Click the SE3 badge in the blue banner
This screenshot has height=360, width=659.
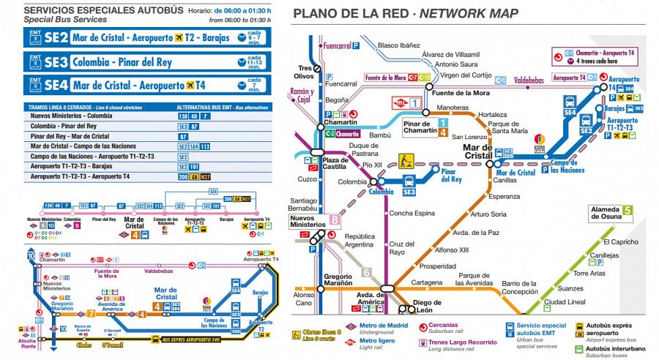click(56, 61)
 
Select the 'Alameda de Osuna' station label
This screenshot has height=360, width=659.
click(606, 213)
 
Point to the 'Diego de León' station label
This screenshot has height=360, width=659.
click(428, 307)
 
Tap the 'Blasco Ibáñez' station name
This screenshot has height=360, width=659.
click(399, 45)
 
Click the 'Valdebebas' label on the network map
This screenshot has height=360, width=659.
click(533, 80)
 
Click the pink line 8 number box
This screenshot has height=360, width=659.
click(335, 219)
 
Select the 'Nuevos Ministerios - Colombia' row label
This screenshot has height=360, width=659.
click(71, 116)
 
